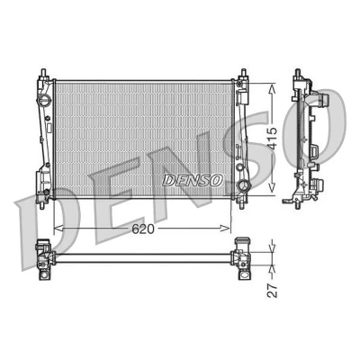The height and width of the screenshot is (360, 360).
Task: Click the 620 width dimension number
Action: (143, 229)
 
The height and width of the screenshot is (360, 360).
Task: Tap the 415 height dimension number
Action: (273, 138)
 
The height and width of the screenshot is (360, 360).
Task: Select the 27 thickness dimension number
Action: (273, 290)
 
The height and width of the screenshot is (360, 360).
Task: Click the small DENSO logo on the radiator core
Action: (193, 180)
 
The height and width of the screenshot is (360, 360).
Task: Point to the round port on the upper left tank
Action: (45, 100)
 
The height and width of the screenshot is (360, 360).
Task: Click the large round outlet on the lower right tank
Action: (242, 186)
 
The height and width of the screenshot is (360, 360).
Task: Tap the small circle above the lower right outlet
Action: (239, 167)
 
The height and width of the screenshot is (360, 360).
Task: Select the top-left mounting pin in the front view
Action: (44, 73)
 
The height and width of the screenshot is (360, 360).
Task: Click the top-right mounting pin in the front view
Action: (243, 73)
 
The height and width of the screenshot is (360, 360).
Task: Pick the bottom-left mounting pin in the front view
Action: (42, 204)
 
